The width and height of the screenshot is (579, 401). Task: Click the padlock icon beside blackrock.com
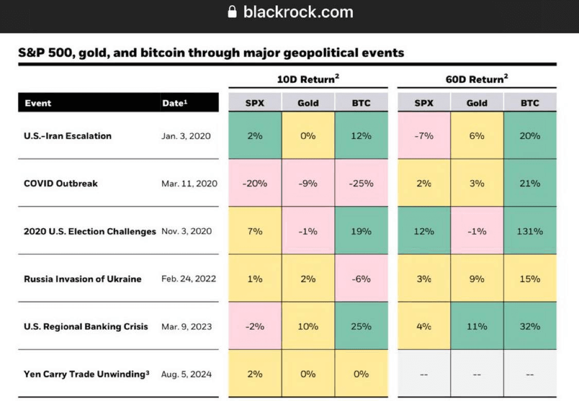pos(232,12)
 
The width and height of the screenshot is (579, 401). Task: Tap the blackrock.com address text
pos(298,12)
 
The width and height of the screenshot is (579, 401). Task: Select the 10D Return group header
pos(308,79)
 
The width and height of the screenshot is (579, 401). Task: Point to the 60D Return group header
pos(477,79)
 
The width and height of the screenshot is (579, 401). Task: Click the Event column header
pos(38,103)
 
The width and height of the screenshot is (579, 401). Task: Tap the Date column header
pos(174,103)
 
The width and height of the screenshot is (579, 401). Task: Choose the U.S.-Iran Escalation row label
pos(67,136)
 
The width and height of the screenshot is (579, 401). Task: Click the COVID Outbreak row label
pos(60,184)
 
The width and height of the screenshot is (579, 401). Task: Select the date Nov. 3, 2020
pos(186,231)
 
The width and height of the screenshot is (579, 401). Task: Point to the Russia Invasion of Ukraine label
pos(82,279)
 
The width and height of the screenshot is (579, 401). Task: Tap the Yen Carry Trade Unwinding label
pos(86,374)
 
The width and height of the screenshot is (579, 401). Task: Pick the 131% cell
pos(530,231)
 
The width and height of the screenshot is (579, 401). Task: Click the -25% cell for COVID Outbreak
pos(360,184)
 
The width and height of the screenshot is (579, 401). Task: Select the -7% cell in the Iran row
pos(424,136)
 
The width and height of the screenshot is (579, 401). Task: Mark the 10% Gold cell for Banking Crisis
pos(308,326)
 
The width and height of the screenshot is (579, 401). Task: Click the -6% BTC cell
pos(360,279)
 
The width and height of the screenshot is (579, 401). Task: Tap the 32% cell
pos(530,326)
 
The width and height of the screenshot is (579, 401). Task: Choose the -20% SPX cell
pos(255,184)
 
